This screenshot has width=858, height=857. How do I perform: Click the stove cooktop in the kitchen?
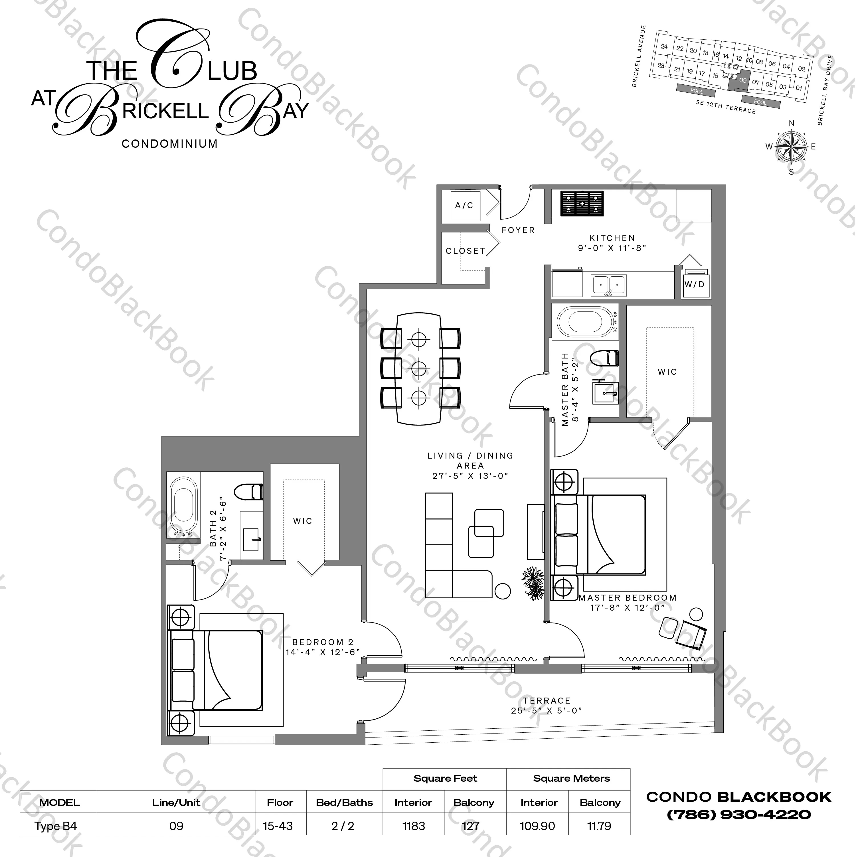coord(582,204)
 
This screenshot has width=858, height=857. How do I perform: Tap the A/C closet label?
coord(464,206)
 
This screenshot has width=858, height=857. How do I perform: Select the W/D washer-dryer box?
coord(695,284)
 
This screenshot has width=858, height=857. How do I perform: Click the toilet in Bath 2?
coord(249,492)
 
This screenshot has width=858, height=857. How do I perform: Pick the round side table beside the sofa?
coord(502,591)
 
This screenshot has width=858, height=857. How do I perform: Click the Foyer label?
coord(518,230)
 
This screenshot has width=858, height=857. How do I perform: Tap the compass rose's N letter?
coord(791,123)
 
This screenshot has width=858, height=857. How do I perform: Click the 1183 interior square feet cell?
coord(414,826)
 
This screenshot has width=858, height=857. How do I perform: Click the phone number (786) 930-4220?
coord(739,815)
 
